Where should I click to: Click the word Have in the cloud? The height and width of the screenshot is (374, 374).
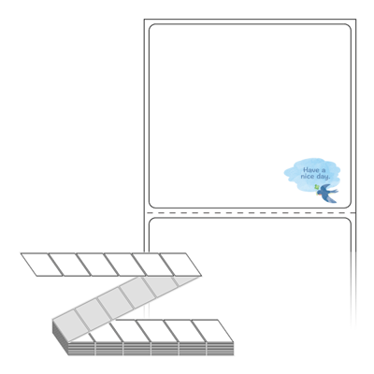click(311, 170)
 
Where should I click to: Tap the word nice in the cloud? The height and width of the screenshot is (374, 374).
click(308, 177)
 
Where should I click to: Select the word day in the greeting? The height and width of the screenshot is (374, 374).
click(323, 177)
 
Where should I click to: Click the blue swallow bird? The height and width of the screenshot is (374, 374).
click(327, 194)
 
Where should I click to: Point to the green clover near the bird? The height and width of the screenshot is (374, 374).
click(317, 187)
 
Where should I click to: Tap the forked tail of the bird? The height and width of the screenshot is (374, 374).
click(335, 190)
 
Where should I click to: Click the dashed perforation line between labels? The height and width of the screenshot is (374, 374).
click(250, 213)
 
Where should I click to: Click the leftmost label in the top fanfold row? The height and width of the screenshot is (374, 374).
click(41, 265)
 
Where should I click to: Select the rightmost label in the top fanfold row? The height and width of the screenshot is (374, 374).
click(180, 265)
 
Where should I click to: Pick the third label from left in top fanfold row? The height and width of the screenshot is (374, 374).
click(97, 265)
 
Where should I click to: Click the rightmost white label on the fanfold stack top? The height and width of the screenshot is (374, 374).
click(212, 331)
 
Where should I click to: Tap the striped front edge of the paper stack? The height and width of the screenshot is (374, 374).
click(151, 349)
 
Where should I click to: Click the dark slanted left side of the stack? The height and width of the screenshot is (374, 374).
click(60, 338)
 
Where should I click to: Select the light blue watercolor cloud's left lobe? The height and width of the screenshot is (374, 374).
click(292, 173)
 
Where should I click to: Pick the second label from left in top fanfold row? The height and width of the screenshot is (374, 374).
click(69, 265)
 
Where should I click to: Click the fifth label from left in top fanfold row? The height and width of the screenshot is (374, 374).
click(152, 265)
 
